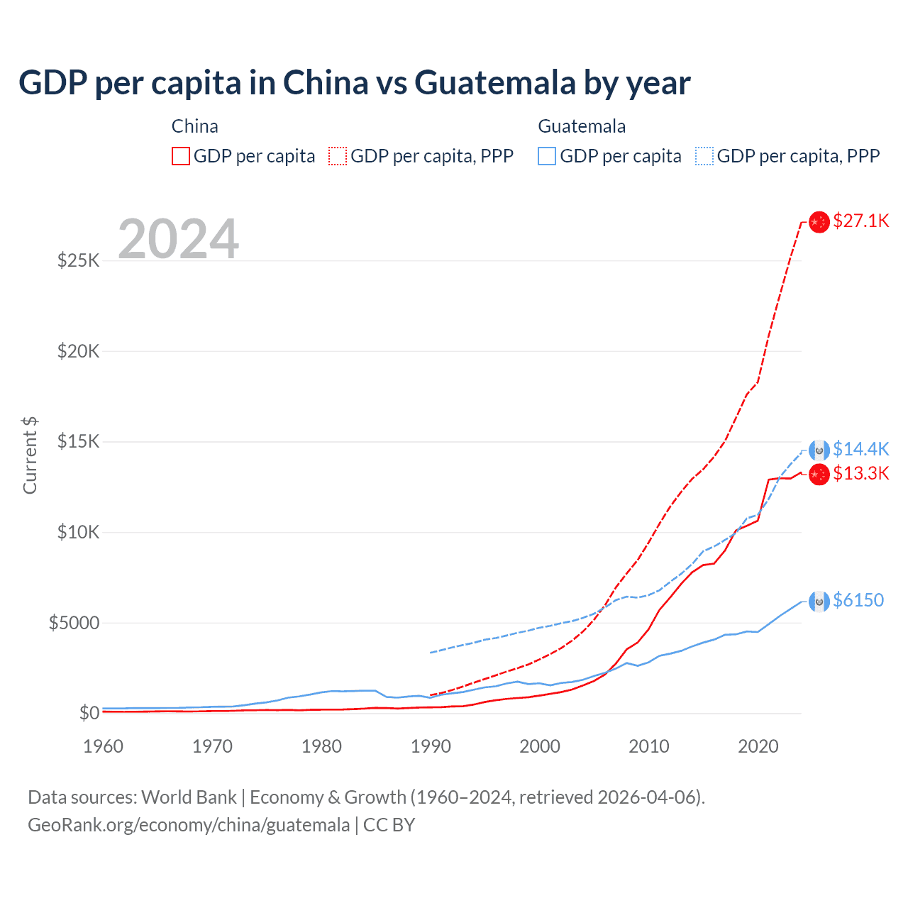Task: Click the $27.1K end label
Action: click(860, 221)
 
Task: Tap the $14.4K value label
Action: click(860, 449)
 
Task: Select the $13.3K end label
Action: click(860, 473)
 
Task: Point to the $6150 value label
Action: click(858, 600)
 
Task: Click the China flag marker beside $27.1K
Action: click(819, 222)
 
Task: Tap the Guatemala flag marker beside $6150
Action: click(819, 602)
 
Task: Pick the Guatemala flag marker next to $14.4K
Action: click(819, 450)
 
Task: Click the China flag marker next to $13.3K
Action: click(819, 474)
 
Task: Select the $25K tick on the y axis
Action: click(79, 260)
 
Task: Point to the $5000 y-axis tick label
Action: click(74, 623)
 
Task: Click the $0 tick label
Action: click(89, 713)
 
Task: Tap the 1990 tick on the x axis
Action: click(431, 746)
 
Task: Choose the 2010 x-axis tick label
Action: click(649, 746)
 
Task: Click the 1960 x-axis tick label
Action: click(104, 746)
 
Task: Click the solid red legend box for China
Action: click(181, 156)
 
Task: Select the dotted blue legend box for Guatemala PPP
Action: click(704, 156)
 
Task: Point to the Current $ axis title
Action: click(30, 455)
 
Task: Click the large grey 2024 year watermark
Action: click(178, 239)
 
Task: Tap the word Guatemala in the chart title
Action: click(494, 82)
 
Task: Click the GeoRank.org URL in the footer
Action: click(189, 825)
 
